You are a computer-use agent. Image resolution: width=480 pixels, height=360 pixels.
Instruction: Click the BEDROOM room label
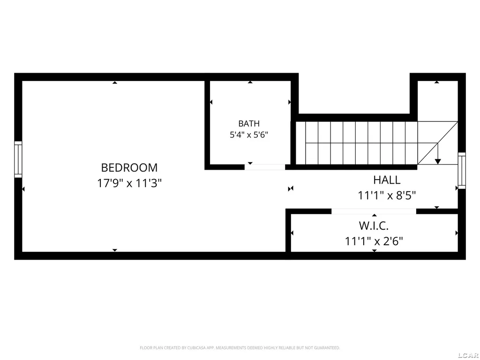[129, 168]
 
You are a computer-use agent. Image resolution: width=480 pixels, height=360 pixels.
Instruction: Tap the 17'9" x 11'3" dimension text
[129, 183]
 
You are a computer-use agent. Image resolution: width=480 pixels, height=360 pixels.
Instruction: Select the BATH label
[249, 124]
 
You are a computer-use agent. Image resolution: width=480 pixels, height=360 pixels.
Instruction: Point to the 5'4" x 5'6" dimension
[249, 135]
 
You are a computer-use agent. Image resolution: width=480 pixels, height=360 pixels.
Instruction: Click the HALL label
[387, 180]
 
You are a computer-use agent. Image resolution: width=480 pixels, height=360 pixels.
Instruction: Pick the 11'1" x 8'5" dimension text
[387, 195]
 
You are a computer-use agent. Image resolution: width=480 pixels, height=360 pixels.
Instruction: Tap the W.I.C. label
[374, 226]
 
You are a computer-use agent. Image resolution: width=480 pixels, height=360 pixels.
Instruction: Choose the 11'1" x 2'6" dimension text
[374, 241]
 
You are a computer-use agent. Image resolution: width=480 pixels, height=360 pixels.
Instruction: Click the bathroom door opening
[265, 167]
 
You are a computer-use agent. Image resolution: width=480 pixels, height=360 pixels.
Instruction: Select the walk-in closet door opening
[374, 211]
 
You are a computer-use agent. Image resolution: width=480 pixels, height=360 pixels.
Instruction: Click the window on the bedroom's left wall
[18, 159]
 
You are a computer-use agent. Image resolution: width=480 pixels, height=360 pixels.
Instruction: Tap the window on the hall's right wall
[462, 171]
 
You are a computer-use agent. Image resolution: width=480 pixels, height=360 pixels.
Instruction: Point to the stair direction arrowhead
[438, 161]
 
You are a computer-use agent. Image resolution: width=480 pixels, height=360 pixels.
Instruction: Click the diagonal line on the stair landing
[438, 143]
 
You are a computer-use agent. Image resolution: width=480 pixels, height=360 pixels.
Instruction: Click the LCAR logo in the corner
[469, 355]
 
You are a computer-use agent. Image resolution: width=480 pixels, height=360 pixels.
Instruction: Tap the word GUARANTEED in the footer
[328, 348]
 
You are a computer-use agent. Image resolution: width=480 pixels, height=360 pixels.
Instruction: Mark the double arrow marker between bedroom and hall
[291, 188]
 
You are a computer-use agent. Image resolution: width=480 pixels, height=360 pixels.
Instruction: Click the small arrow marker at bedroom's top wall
[114, 82]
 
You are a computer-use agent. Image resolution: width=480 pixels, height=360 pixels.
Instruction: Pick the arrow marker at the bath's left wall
[211, 102]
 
